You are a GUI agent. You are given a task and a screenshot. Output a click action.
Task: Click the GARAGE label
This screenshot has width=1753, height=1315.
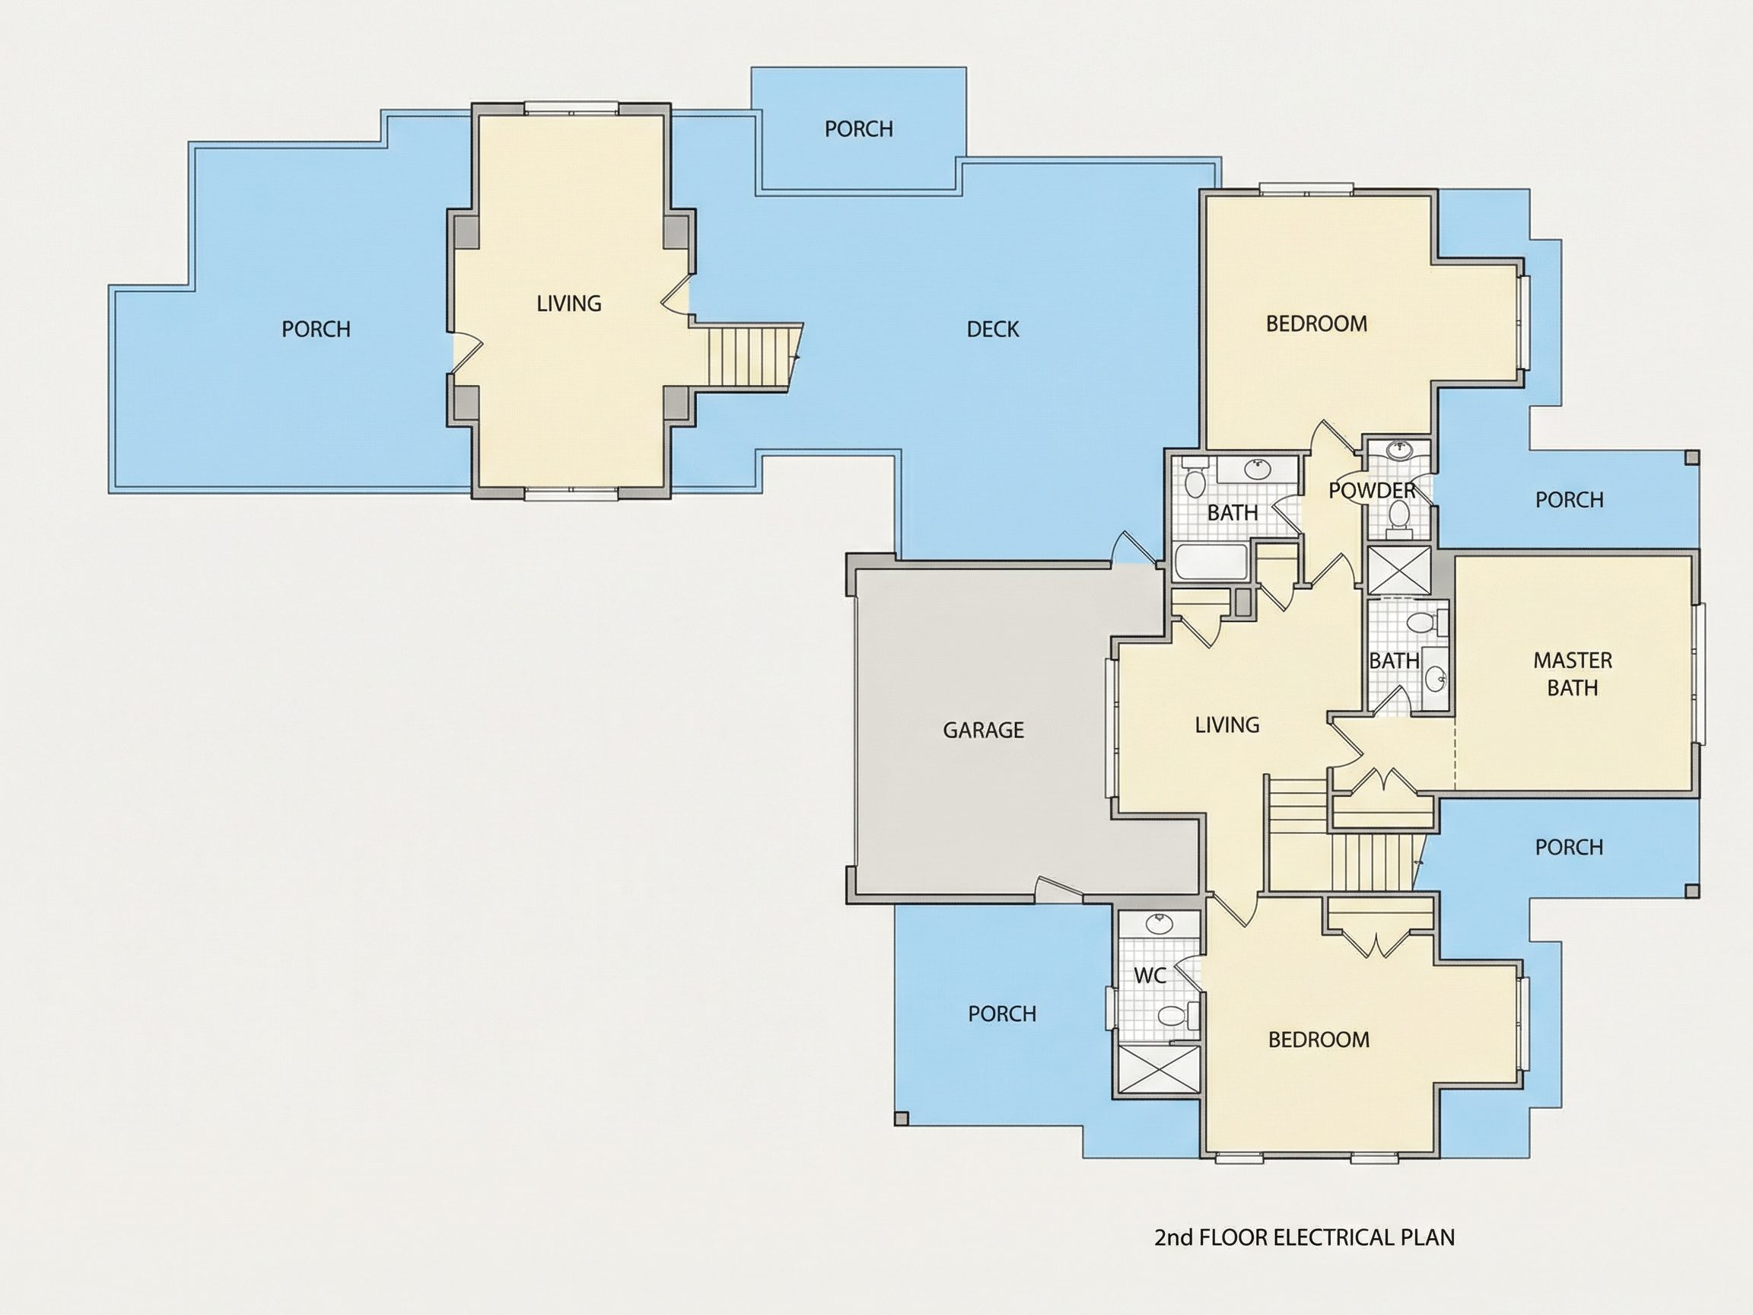[x=983, y=730]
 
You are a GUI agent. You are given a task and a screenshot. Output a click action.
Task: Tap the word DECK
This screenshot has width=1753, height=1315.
[x=992, y=329]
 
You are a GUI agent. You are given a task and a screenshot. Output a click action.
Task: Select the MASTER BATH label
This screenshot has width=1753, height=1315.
[x=1573, y=673]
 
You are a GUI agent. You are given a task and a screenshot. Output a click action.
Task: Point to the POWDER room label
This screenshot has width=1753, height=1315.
[x=1372, y=491]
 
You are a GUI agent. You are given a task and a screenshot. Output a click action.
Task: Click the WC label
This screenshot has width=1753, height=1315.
[x=1149, y=976]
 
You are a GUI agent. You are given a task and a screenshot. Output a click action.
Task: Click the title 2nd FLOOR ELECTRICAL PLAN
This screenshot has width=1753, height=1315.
[x=1304, y=1237]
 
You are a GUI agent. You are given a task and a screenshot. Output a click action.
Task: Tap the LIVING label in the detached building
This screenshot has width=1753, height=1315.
[x=569, y=304]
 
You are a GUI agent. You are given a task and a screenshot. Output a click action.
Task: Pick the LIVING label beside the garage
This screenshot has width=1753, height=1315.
[x=1226, y=724]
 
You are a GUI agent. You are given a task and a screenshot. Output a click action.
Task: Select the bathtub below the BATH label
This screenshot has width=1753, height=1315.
[x=1212, y=560]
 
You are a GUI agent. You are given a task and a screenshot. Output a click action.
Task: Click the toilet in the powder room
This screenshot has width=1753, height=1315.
[x=1398, y=516]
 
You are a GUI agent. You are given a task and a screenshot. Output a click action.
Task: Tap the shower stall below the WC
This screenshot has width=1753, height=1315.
[x=1158, y=1070]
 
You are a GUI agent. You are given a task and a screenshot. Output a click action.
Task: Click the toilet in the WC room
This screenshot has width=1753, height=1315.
[x=1175, y=1015]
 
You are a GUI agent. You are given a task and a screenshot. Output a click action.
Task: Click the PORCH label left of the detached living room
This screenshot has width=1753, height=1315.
[x=316, y=329]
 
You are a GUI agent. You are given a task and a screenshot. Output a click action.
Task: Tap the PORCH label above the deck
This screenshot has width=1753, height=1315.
[x=858, y=129]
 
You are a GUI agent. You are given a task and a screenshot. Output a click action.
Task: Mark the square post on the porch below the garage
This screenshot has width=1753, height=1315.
[x=901, y=1119]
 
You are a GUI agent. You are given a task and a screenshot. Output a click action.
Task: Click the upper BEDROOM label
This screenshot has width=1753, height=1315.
[x=1316, y=323]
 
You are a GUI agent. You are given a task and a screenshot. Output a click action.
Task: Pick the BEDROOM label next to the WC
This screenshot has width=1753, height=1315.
[x=1319, y=1040]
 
